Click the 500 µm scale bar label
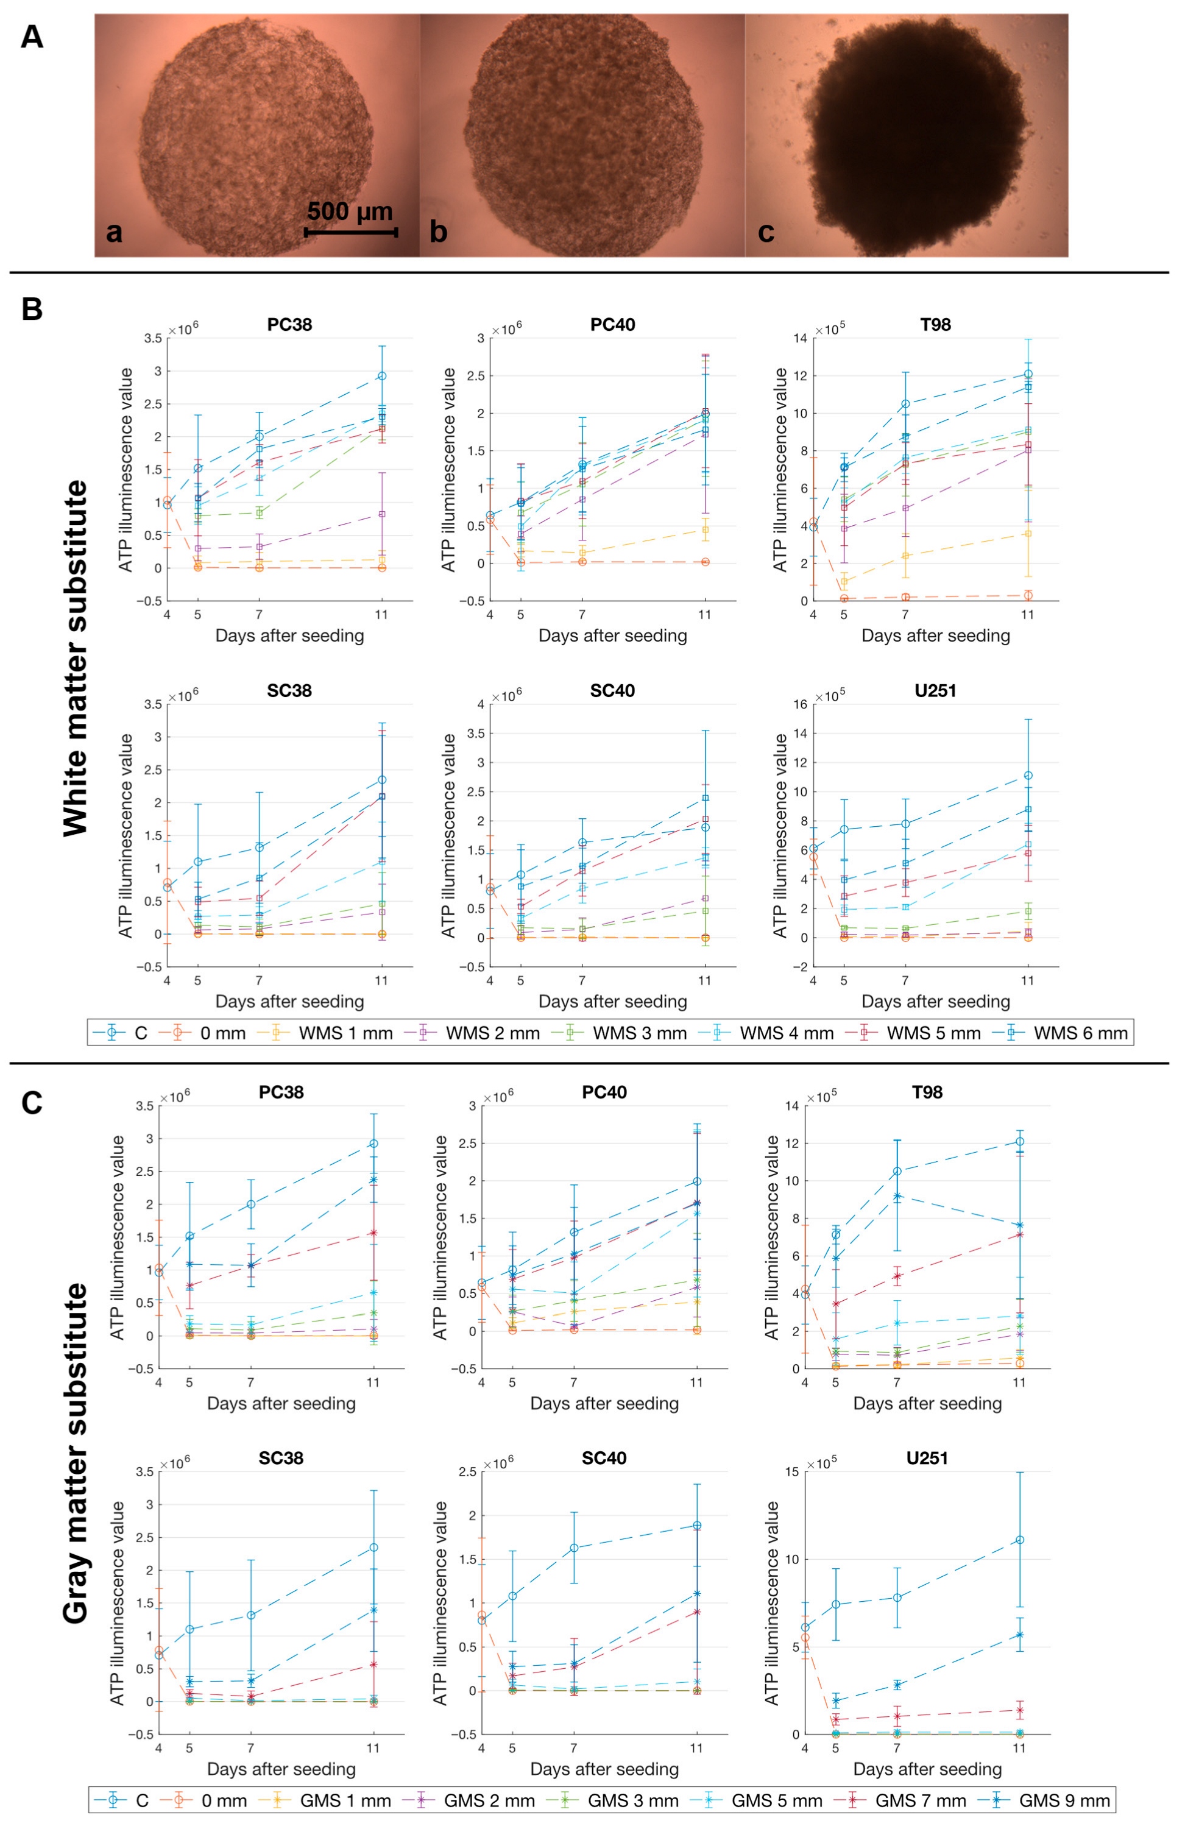tap(350, 211)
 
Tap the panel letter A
tap(32, 37)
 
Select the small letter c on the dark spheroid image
tap(765, 232)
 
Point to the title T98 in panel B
tap(935, 325)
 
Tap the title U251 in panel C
tap(927, 1458)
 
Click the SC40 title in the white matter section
tap(612, 690)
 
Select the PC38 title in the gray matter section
tap(281, 1092)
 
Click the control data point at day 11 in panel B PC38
tap(381, 376)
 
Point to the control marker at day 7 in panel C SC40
tap(574, 1548)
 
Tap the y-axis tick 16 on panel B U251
tap(799, 704)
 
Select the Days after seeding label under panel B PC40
tap(612, 635)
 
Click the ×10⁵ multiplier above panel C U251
tap(821, 1464)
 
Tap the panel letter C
tap(32, 1103)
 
